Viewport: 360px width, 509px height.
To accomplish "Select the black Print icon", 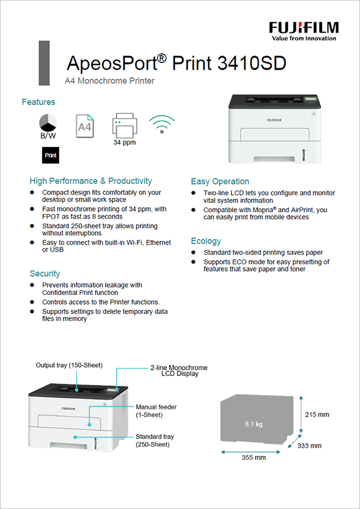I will click(51, 155).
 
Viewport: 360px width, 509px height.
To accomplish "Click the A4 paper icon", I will click(85, 126).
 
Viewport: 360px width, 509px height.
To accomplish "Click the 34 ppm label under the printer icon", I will click(124, 143).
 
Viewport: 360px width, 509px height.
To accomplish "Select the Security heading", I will click(45, 273).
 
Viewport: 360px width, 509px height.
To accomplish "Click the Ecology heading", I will click(206, 241).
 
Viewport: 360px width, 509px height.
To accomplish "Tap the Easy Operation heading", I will click(220, 181).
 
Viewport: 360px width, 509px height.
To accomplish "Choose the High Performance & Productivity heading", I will click(91, 180).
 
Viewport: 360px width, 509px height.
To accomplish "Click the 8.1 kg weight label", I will click(254, 424).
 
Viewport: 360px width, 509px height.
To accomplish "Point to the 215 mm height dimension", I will click(317, 414).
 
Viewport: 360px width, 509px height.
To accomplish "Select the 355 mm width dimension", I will click(254, 457).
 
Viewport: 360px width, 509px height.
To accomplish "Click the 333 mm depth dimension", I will click(310, 445).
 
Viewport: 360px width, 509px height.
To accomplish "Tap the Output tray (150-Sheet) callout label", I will click(69, 365).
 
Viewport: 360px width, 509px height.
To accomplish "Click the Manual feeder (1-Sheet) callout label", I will click(156, 411).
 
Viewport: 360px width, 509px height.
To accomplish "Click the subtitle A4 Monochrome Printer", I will click(110, 80).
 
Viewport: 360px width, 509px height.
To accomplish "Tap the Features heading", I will click(38, 102).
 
